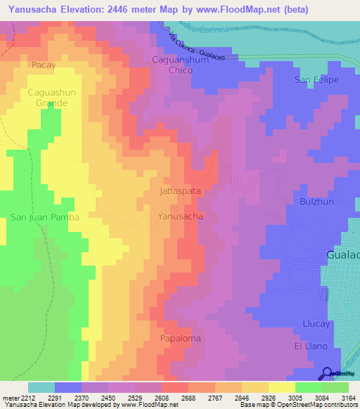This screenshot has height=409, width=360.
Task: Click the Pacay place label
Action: (44, 65)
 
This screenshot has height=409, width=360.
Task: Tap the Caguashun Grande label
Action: (48, 98)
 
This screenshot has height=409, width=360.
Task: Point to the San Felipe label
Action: (316, 79)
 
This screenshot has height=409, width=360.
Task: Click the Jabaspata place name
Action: (181, 190)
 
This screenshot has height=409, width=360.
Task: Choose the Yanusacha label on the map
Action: (181, 216)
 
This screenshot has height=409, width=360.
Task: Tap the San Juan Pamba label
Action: (45, 218)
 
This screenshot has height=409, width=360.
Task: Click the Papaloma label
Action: (179, 338)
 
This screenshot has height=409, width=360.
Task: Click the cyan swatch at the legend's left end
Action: (41, 387)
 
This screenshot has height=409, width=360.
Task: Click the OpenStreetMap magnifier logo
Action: (326, 373)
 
